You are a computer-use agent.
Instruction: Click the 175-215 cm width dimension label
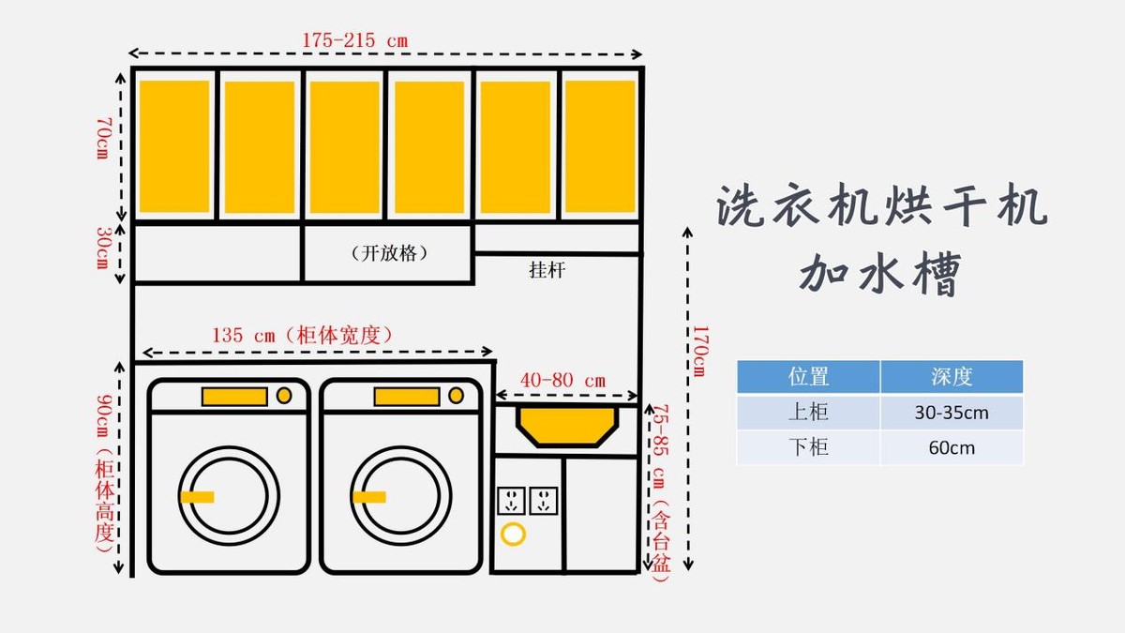click(x=355, y=40)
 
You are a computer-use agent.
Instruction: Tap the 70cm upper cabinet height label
click(x=103, y=138)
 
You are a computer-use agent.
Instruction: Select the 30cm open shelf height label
click(x=103, y=248)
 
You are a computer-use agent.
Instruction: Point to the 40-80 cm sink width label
click(x=563, y=381)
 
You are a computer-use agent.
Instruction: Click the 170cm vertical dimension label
click(x=700, y=351)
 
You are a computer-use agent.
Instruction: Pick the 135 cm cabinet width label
click(x=302, y=335)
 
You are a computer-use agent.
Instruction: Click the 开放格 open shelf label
click(x=389, y=252)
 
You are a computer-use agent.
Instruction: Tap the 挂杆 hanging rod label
click(x=547, y=270)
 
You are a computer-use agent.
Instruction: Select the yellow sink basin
click(x=567, y=426)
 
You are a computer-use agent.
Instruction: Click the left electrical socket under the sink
click(x=512, y=501)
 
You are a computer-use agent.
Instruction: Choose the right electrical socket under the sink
click(x=544, y=501)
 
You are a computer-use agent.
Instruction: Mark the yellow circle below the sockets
click(x=513, y=534)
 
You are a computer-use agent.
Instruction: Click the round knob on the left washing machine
click(x=284, y=396)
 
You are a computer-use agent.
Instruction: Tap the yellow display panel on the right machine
click(x=407, y=397)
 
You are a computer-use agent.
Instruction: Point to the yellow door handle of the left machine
click(x=198, y=497)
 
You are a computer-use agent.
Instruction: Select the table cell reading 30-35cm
click(x=952, y=413)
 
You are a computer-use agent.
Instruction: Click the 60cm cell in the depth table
click(x=952, y=447)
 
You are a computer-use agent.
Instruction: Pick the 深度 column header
click(x=952, y=376)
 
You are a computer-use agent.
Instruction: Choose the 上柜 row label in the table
click(x=808, y=413)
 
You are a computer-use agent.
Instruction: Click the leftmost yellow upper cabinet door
click(x=174, y=146)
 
